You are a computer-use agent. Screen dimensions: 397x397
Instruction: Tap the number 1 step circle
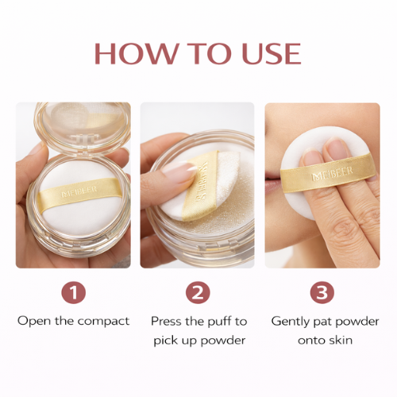pyautogui.click(x=73, y=293)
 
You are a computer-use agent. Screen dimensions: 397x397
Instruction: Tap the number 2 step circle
pyautogui.click(x=198, y=293)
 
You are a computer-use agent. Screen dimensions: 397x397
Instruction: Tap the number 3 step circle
pyautogui.click(x=322, y=293)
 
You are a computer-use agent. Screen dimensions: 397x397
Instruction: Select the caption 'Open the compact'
pyautogui.click(x=73, y=321)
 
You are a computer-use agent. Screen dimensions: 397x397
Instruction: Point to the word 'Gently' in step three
pyautogui.click(x=291, y=321)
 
